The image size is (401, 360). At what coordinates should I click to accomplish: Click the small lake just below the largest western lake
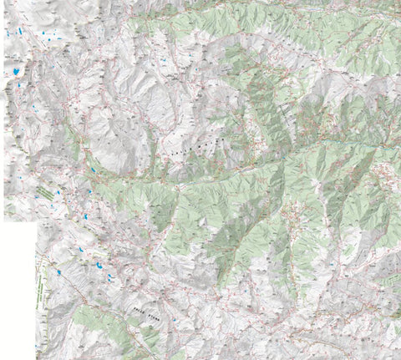[x=17, y=84]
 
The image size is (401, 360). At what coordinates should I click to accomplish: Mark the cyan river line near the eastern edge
[x=368, y=144]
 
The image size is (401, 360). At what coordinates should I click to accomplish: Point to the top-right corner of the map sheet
[x=399, y=1]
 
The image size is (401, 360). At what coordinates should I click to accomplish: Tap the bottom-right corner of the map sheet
[x=399, y=358]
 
